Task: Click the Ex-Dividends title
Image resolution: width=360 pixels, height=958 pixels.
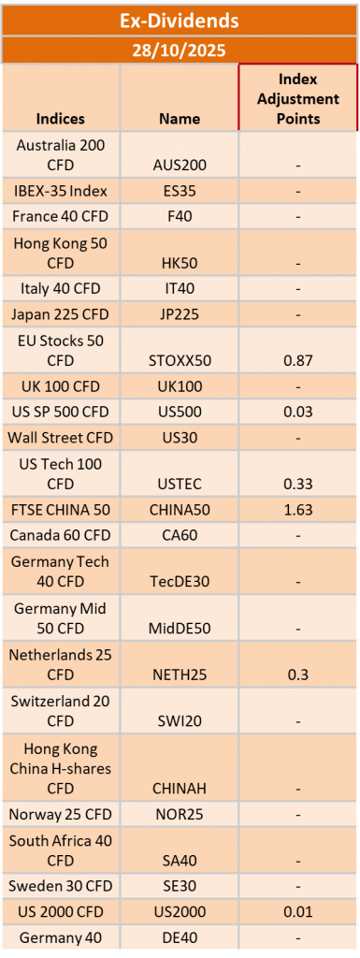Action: [x=179, y=21]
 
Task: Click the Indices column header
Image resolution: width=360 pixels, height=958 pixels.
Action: [x=61, y=118]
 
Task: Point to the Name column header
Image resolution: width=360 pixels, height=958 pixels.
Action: [x=180, y=118]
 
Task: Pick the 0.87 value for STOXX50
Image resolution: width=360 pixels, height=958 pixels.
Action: [x=298, y=360]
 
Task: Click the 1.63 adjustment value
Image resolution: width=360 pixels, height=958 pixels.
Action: [x=298, y=510]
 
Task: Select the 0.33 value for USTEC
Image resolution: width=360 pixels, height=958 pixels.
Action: [x=298, y=484]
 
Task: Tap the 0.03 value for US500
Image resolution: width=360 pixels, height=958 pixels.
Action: [x=298, y=412]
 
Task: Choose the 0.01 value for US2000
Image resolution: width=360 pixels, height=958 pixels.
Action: [x=298, y=911]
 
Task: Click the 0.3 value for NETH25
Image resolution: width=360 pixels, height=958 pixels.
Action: [x=298, y=675]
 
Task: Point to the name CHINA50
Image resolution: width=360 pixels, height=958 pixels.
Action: [x=180, y=510]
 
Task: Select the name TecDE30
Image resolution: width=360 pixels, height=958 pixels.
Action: [x=180, y=582]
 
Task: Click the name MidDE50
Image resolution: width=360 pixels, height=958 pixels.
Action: [x=180, y=628]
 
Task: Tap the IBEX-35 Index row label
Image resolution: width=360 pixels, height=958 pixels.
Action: [x=61, y=191]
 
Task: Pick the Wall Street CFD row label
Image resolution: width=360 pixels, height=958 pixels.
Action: [x=61, y=438]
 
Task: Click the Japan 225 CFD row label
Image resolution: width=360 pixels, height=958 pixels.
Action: [x=61, y=314]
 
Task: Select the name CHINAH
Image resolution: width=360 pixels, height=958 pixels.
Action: [x=180, y=788]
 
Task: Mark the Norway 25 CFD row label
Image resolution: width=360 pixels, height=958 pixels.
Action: [x=61, y=815]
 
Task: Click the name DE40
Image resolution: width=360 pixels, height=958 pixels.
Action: [x=180, y=937]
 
